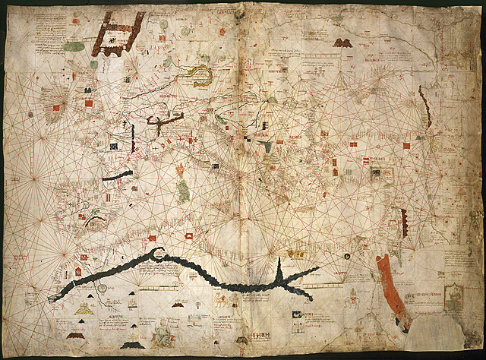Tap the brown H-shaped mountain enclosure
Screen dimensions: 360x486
point(118,34)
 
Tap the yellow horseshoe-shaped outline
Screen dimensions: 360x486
point(202,73)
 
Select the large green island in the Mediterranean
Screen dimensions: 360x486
point(183,189)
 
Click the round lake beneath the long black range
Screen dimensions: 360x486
point(101,288)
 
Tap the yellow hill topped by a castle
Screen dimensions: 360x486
point(95,223)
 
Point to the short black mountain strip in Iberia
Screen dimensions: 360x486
point(117,175)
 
